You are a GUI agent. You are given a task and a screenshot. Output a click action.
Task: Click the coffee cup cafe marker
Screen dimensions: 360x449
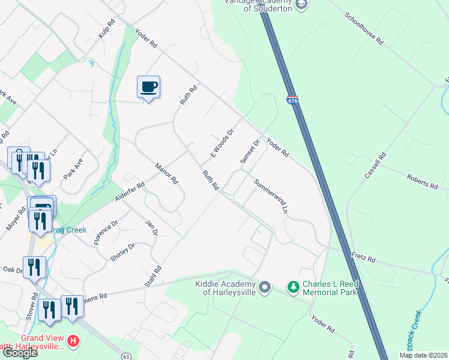[x=148, y=87]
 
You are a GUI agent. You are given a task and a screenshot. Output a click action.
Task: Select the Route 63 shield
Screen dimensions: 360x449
[x=125, y=356]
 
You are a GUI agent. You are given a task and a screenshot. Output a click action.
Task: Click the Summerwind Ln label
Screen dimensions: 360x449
[x=271, y=197]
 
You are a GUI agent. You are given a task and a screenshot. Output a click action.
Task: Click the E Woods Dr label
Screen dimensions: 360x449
[x=221, y=143]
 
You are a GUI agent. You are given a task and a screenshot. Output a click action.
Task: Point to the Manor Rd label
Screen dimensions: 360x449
[x=166, y=173]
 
